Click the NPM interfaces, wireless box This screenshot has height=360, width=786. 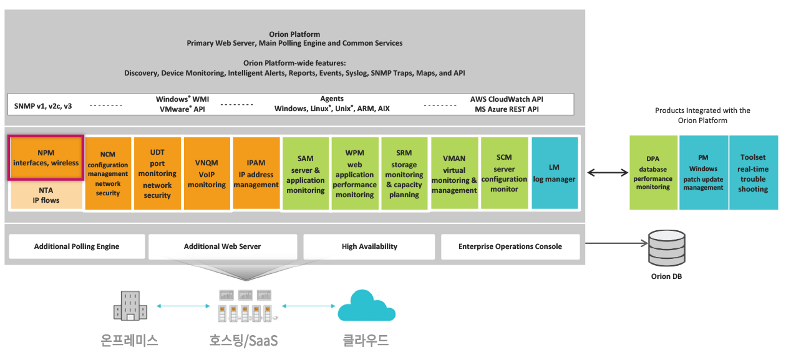pyautogui.click(x=46, y=158)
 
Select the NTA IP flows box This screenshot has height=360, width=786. pyautogui.click(x=46, y=195)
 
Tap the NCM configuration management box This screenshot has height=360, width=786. pyautogui.click(x=108, y=173)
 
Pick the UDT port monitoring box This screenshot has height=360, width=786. pyautogui.click(x=157, y=173)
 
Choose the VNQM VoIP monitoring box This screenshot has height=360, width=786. pyautogui.click(x=206, y=173)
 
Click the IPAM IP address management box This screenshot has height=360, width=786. pyautogui.click(x=256, y=173)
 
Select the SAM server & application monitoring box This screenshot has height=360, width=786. pyautogui.click(x=306, y=173)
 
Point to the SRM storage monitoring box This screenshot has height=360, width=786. pyautogui.click(x=404, y=173)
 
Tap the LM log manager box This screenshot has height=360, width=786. pyautogui.click(x=555, y=173)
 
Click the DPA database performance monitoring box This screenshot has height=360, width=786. pyautogui.click(x=653, y=173)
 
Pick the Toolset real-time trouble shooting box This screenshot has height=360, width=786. pyautogui.click(x=754, y=173)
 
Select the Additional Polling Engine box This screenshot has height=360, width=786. pyautogui.click(x=77, y=246)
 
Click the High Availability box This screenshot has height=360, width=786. pyautogui.click(x=369, y=246)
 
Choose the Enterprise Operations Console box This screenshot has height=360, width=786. pyautogui.click(x=510, y=246)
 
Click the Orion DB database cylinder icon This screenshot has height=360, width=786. pyautogui.click(x=667, y=248)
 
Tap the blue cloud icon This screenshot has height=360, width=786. pyautogui.click(x=366, y=306)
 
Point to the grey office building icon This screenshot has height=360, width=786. pyautogui.click(x=130, y=306)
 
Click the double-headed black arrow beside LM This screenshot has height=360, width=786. pyautogui.click(x=608, y=172)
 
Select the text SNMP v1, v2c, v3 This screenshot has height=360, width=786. pyautogui.click(x=43, y=106)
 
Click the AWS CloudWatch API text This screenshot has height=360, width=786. pyautogui.click(x=507, y=99)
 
